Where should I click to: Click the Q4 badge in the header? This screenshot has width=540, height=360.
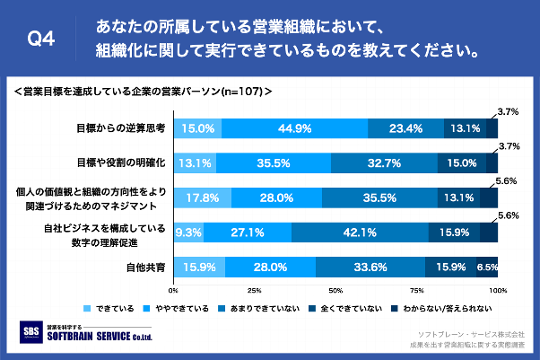tap(42, 39)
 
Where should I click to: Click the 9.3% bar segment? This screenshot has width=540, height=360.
tap(188, 232)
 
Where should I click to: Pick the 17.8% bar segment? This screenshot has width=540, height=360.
tap(202, 198)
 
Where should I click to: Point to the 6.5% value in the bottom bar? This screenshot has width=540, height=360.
tap(487, 267)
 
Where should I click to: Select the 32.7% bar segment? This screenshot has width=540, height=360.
tap(384, 163)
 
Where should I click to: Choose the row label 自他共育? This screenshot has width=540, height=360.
tap(147, 267)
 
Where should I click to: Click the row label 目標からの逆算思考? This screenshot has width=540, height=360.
tap(120, 128)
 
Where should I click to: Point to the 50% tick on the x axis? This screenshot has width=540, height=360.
tap(335, 291)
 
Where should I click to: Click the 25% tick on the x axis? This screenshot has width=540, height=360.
tap(254, 291)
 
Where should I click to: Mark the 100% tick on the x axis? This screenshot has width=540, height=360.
tap(496, 291)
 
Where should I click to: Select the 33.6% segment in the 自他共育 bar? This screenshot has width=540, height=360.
tap(370, 267)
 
